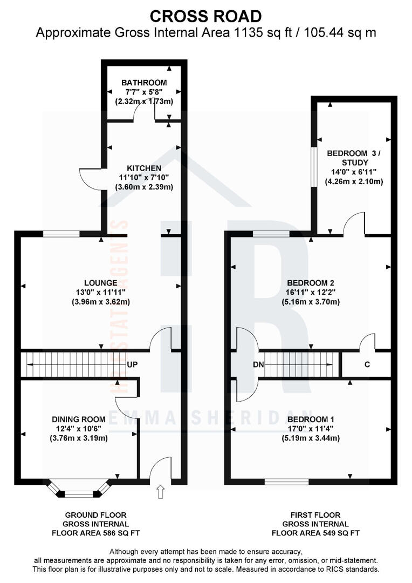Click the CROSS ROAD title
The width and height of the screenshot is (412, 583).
(205, 16)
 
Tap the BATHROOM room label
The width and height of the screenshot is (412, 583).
(144, 83)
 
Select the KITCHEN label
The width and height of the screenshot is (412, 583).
(144, 168)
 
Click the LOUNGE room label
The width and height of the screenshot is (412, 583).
(100, 282)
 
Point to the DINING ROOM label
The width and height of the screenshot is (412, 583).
(79, 419)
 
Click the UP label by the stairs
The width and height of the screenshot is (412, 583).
(133, 364)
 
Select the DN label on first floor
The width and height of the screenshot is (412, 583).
(258, 364)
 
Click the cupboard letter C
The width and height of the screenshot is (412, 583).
(367, 364)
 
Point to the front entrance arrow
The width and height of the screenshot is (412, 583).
(160, 492)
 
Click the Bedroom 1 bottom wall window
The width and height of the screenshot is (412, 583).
(286, 480)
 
